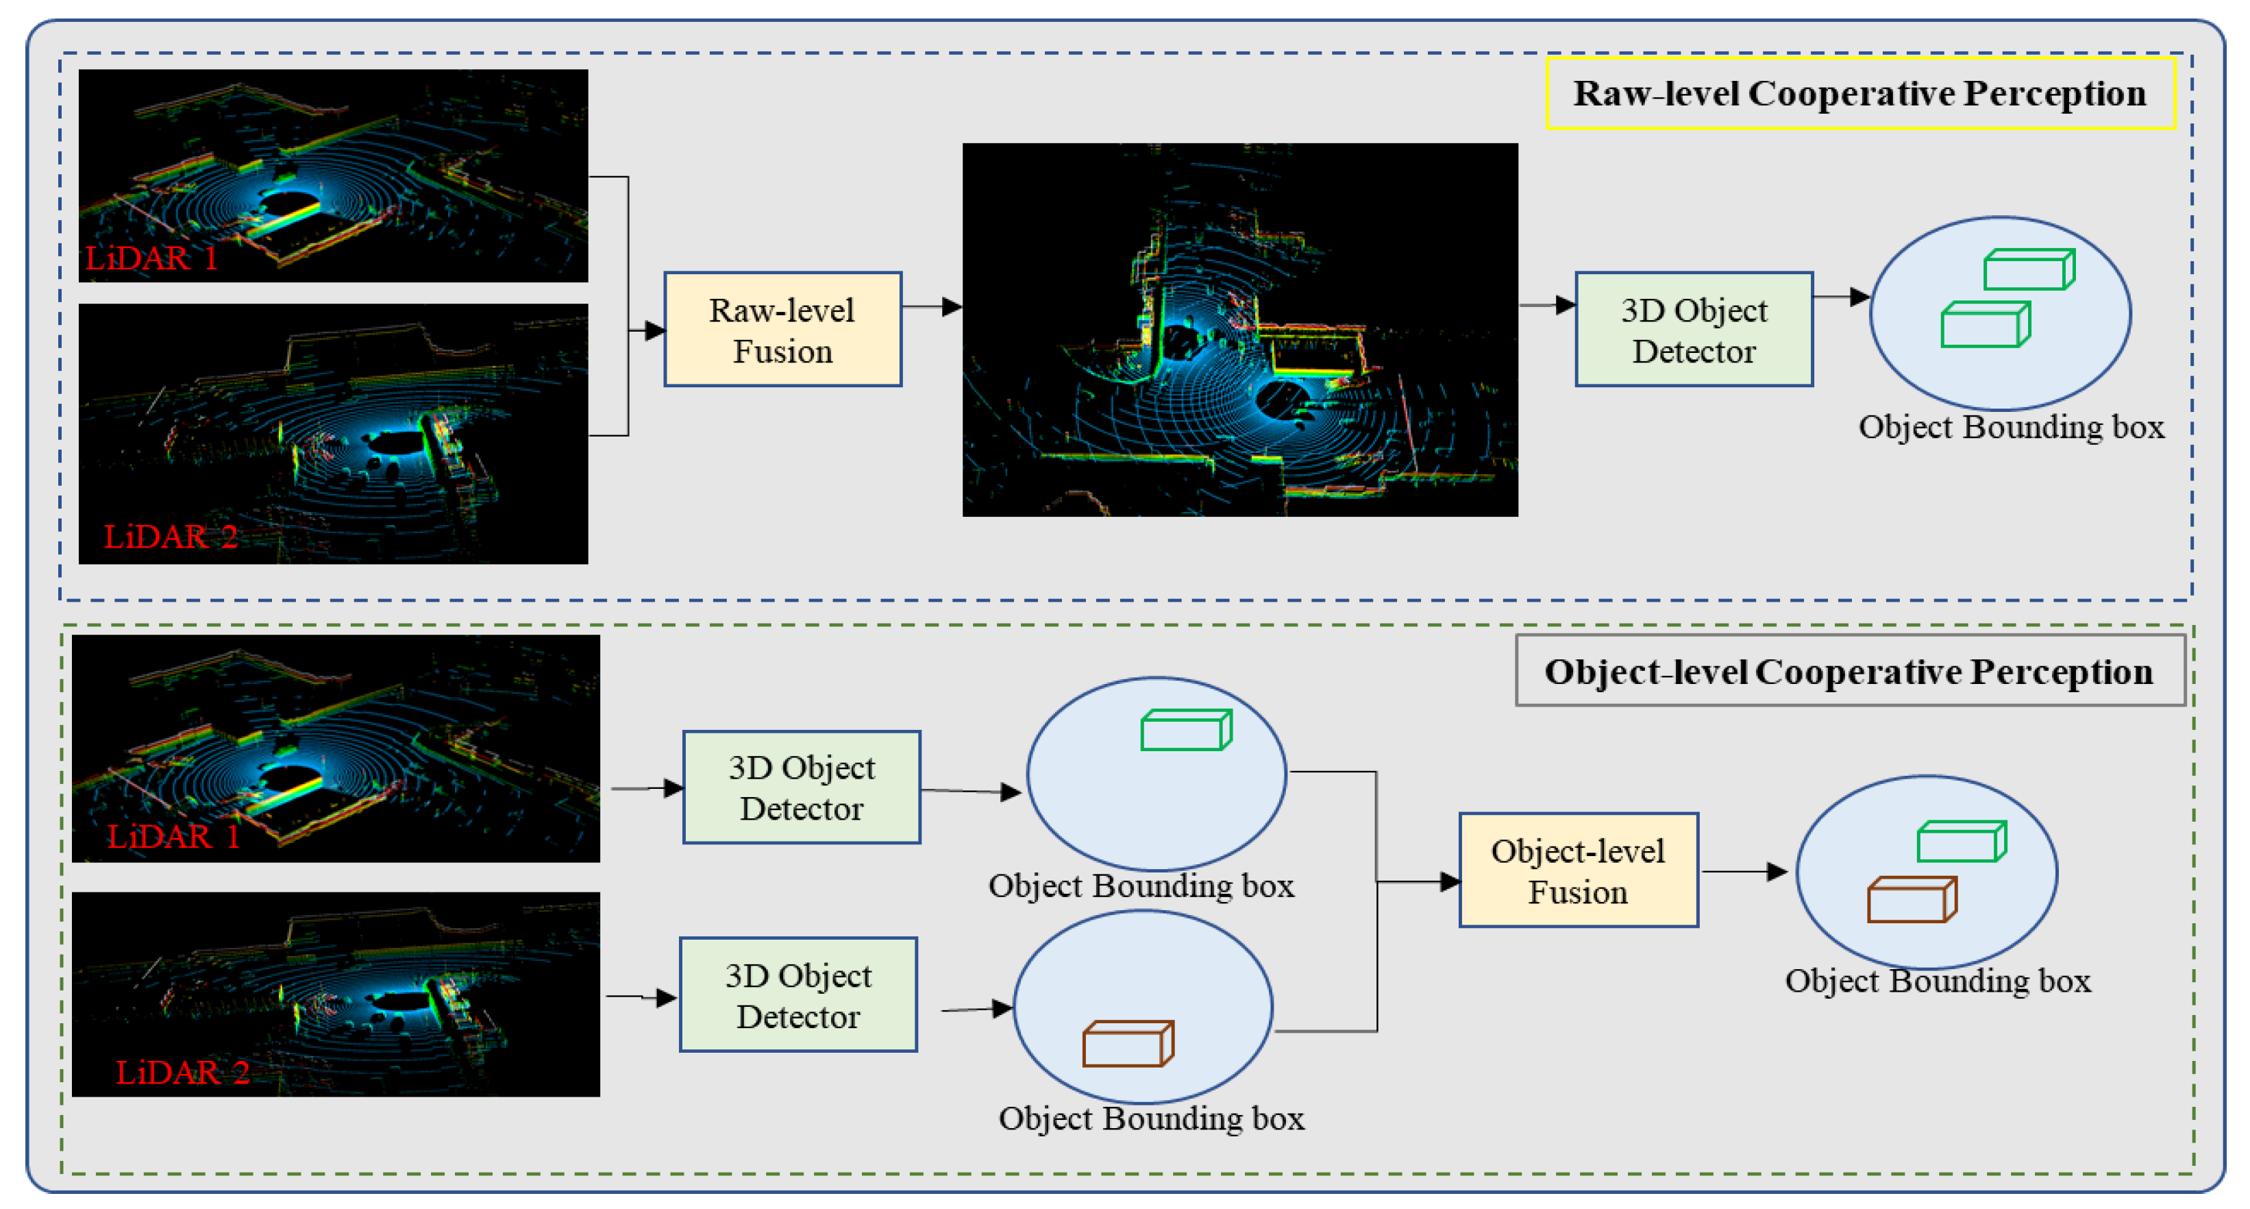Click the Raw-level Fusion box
pos(782,330)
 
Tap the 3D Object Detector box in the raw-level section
pos(1693,330)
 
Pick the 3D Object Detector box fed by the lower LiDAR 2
pos(798,995)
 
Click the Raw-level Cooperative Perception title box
pos(1859,93)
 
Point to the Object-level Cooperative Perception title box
pos(1849,671)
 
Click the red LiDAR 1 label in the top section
pos(150,258)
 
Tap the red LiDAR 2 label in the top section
pos(171,537)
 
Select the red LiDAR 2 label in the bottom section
pos(182,1072)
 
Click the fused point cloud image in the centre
pos(1239,330)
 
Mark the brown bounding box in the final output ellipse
pos(1910,900)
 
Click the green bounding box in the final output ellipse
pos(1961,841)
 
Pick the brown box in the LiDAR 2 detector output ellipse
pos(1127,1044)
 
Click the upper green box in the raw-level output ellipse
pos(2028,269)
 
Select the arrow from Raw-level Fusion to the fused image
pos(931,306)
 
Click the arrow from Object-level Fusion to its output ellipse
pos(1742,871)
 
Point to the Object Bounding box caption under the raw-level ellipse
pos(2011,426)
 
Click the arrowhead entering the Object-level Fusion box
pos(1449,881)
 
